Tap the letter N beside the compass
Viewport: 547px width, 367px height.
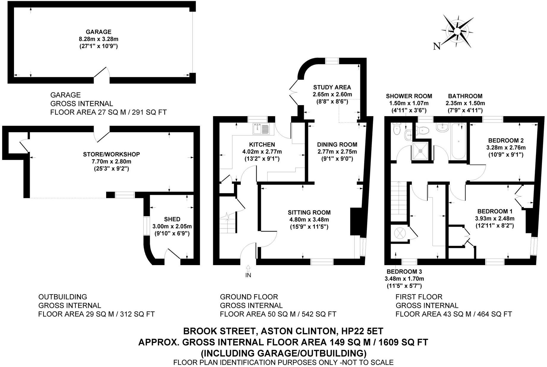tap(436, 46)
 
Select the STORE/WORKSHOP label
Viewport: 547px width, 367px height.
tap(111, 154)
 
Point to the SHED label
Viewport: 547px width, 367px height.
tap(172, 219)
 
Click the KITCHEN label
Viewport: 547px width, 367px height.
tap(262, 144)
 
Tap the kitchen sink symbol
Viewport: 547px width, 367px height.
tap(261, 128)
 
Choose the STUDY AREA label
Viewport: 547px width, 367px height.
tap(332, 87)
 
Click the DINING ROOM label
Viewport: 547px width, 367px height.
tap(337, 144)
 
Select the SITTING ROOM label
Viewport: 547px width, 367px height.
tap(309, 212)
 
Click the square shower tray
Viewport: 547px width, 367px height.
tap(420, 151)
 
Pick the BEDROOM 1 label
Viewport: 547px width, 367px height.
tap(495, 211)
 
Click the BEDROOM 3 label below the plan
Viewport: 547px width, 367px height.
tap(404, 271)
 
